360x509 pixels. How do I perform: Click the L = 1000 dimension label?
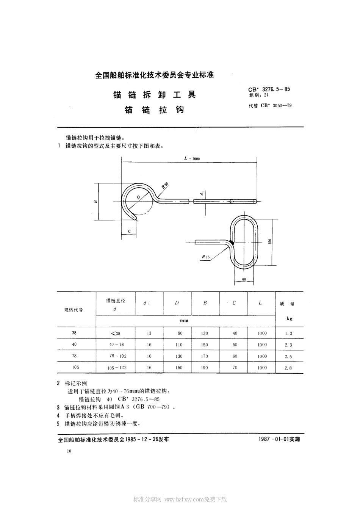coord(192,159)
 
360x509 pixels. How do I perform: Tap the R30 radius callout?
coord(165,185)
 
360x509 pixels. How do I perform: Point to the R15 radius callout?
coord(206,257)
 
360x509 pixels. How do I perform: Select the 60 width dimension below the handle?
coord(243,279)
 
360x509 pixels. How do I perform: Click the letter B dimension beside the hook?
coord(95,201)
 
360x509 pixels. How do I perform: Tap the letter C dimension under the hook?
coord(130,231)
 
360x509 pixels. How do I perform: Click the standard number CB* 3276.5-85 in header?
coord(269,89)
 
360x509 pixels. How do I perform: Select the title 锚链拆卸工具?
coord(155,95)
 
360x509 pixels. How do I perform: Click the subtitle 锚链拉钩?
coord(155,110)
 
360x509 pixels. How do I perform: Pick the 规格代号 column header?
coord(74,310)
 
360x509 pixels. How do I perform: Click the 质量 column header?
coord(287,304)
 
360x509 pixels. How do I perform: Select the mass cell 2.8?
coord(288,368)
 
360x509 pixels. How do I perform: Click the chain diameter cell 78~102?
coord(116,356)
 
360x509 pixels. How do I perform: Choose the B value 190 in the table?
coord(205,368)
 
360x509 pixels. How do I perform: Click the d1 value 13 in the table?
coord(149,334)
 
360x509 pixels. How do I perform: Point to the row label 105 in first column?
coord(74,367)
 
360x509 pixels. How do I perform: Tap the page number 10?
coord(69,451)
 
